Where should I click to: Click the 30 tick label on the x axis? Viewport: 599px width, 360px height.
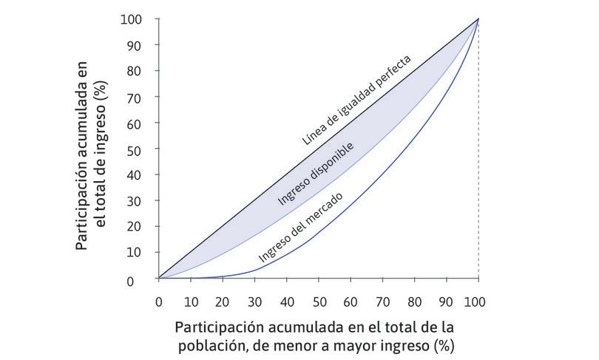pyautogui.click(x=254, y=302)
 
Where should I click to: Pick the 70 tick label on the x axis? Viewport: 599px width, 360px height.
pyautogui.click(x=382, y=302)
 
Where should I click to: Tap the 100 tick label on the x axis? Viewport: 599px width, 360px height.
pyautogui.click(x=478, y=302)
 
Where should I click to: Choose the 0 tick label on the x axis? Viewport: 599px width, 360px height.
pyautogui.click(x=158, y=302)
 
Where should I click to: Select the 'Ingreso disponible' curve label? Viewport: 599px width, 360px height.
pyautogui.click(x=317, y=173)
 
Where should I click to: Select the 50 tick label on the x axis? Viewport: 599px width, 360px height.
pyautogui.click(x=318, y=302)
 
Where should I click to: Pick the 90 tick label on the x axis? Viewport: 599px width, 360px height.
pyautogui.click(x=446, y=302)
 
